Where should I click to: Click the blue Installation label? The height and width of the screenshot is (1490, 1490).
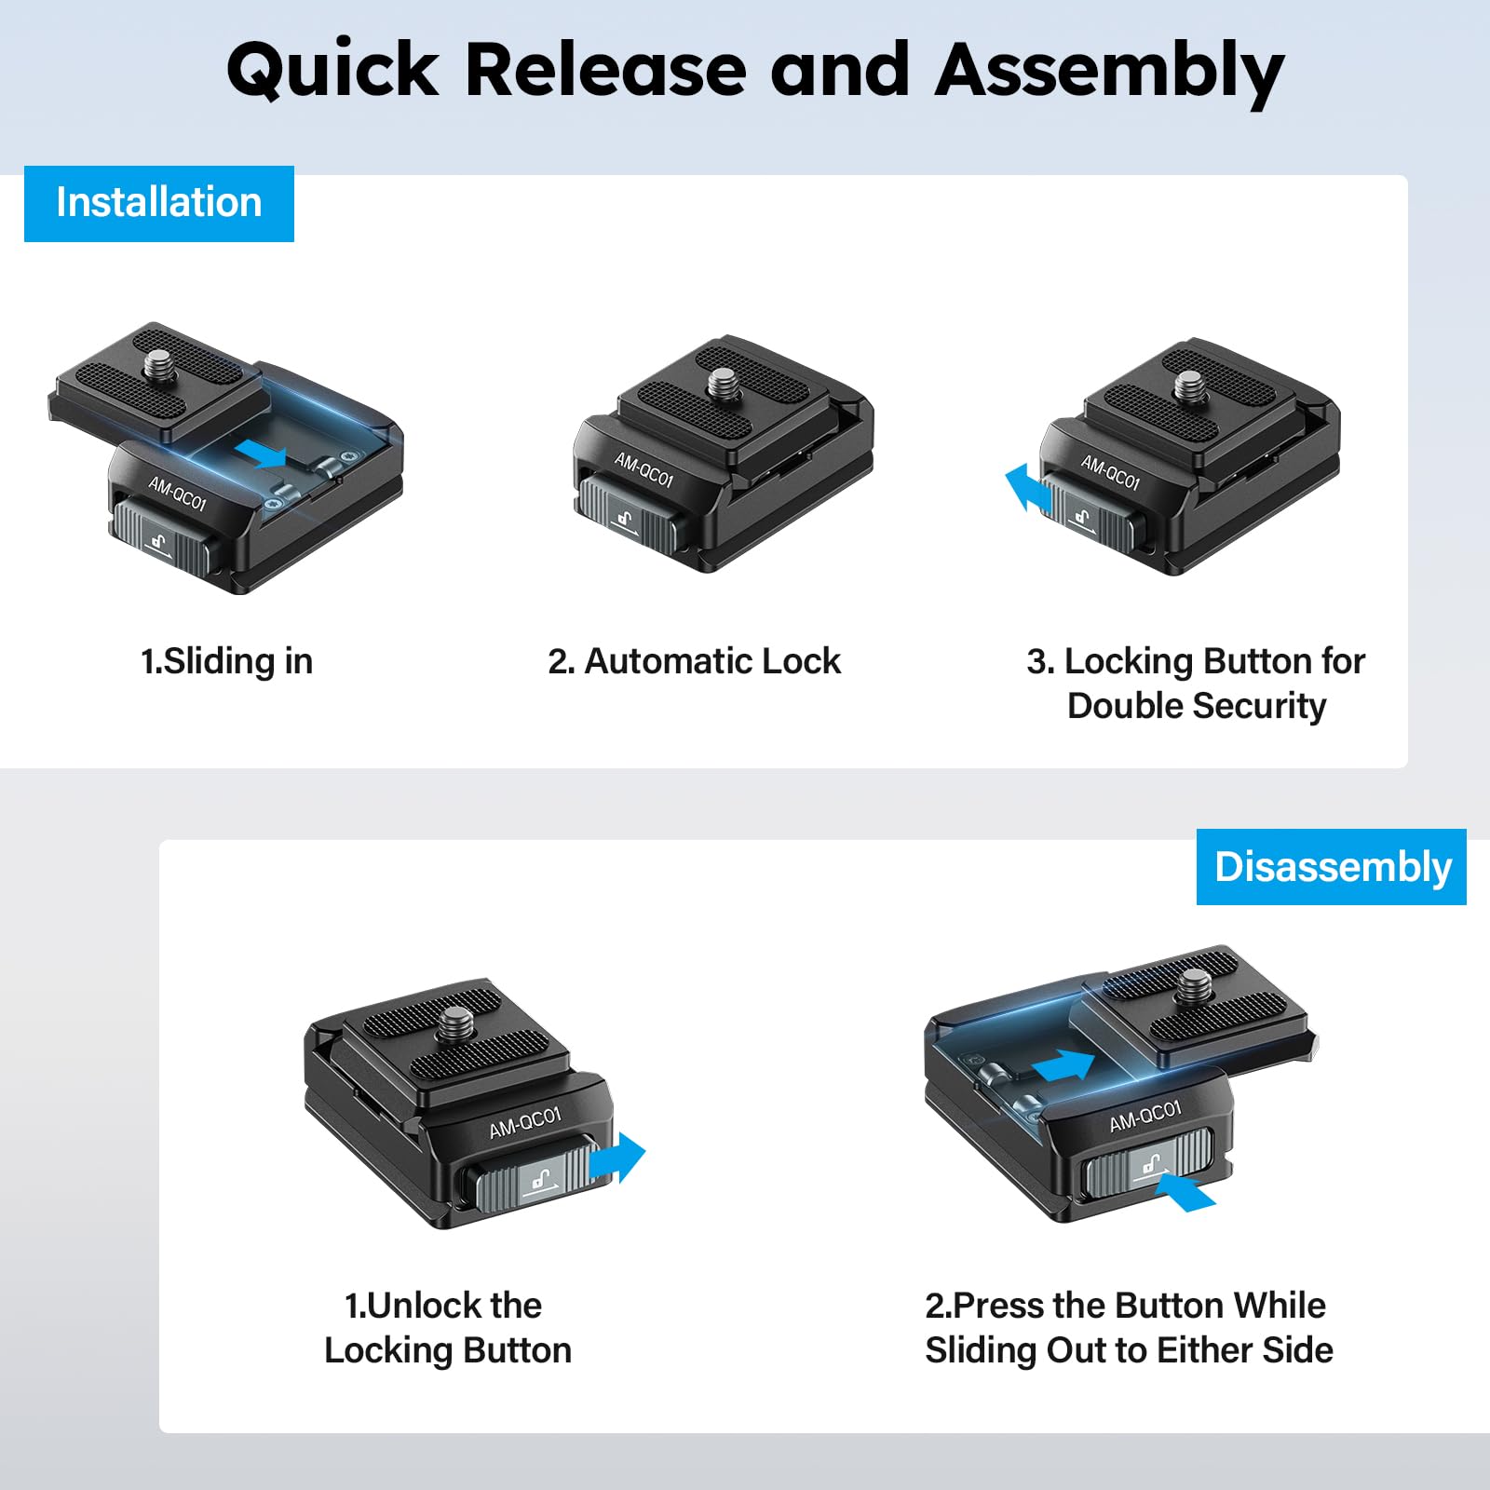[x=158, y=203]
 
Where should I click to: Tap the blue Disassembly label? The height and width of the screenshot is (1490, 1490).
[x=1332, y=867]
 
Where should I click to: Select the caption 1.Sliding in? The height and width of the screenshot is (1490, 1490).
[x=226, y=661]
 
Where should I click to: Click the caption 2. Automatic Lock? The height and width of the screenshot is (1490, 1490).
[x=694, y=661]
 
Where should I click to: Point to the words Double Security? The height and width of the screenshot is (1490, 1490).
[x=1196, y=706]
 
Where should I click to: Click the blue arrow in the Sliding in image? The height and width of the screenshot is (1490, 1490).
[x=261, y=454]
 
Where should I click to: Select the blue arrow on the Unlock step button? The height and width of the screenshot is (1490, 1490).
[x=618, y=1158]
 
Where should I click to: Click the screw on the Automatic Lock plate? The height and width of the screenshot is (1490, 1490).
[x=721, y=382]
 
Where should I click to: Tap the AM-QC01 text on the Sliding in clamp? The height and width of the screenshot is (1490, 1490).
[x=177, y=493]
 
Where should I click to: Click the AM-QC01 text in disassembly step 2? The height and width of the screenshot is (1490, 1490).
[x=1145, y=1116]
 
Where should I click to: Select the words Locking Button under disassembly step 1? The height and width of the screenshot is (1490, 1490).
[x=447, y=1350]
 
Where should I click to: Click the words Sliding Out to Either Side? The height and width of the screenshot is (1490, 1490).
[x=1129, y=1350]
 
